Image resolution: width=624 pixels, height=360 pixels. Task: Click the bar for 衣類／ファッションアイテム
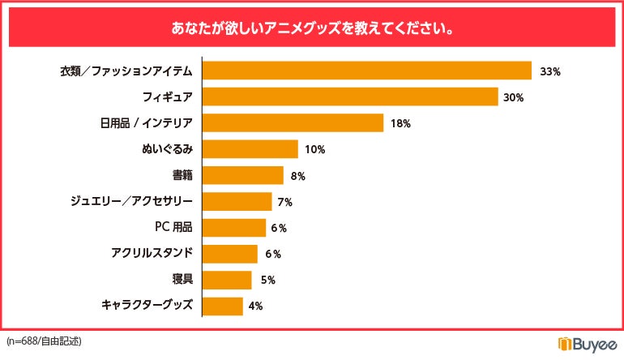click(366, 71)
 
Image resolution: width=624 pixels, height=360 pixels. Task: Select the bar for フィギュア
click(349, 97)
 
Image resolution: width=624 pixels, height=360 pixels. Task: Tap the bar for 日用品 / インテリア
click(292, 123)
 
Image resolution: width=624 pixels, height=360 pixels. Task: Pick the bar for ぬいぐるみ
click(250, 149)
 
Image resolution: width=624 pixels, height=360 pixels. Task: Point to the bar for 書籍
click(242, 175)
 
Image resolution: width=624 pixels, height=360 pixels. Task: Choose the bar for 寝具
click(226, 280)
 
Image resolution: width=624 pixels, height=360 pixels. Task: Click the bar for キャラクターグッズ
click(222, 306)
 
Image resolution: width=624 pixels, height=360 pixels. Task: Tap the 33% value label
click(550, 71)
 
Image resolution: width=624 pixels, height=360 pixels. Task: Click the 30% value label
click(514, 97)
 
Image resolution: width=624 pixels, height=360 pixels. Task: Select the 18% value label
click(401, 124)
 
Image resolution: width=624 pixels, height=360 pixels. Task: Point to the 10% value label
click(315, 150)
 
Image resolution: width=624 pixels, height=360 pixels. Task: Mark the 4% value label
click(256, 306)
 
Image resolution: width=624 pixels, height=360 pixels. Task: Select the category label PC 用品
click(173, 227)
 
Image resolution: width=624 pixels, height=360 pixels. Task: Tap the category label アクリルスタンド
click(152, 253)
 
